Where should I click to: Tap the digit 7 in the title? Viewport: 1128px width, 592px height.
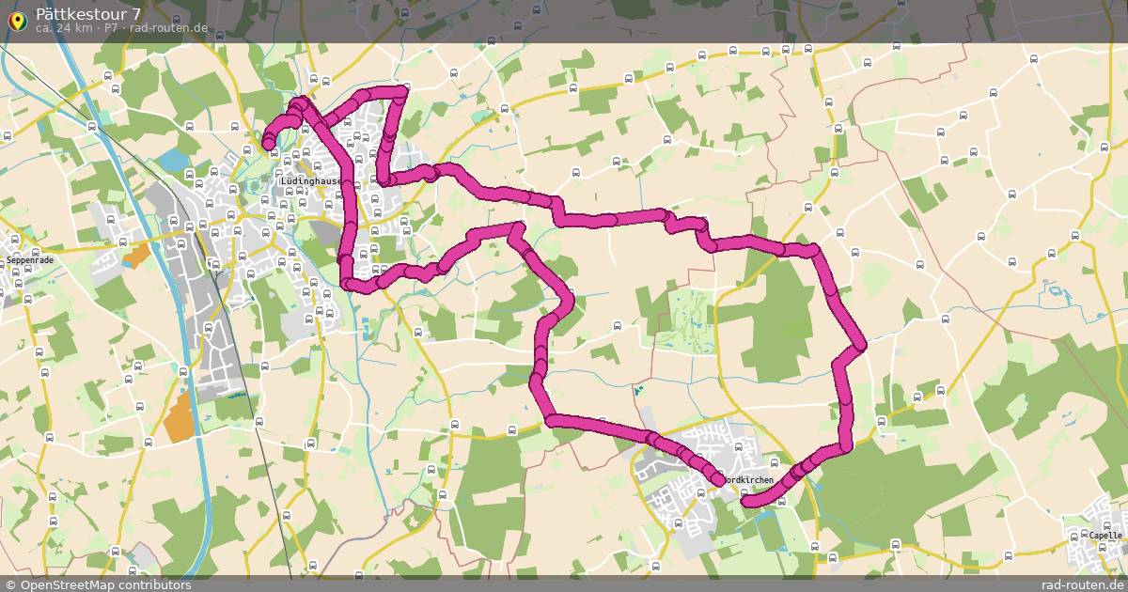[138, 14]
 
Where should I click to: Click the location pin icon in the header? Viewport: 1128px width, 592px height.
[18, 21]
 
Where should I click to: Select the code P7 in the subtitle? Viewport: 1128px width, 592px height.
[111, 28]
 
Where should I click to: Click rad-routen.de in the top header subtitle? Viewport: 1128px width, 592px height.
[169, 28]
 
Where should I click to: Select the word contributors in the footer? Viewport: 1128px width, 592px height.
[160, 584]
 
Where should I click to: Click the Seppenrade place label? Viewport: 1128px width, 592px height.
[31, 259]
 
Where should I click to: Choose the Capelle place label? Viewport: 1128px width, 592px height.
[1105, 536]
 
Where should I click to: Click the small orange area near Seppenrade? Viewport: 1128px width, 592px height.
[135, 254]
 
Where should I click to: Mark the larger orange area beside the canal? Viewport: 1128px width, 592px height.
[178, 416]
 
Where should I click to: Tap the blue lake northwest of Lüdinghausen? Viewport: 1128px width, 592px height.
[174, 161]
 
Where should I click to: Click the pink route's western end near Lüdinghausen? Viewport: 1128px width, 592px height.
[269, 143]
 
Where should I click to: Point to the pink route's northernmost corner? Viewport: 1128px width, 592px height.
[403, 90]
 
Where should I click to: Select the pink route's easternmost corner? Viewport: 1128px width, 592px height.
[861, 346]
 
